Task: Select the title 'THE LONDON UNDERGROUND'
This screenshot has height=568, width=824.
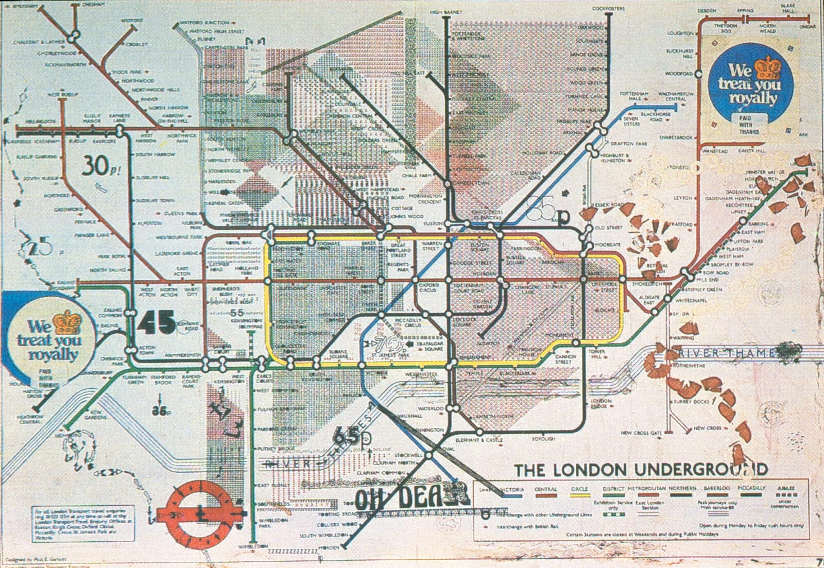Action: click(641, 470)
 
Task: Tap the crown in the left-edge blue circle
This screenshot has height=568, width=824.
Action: click(66, 322)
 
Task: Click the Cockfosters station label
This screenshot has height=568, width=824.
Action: click(608, 9)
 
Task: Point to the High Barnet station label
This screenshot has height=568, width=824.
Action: click(446, 12)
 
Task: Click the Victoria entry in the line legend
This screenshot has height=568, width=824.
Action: click(512, 489)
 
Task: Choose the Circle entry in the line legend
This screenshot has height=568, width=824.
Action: click(579, 489)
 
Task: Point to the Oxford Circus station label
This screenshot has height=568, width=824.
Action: click(428, 287)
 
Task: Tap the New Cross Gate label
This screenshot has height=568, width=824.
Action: click(641, 433)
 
